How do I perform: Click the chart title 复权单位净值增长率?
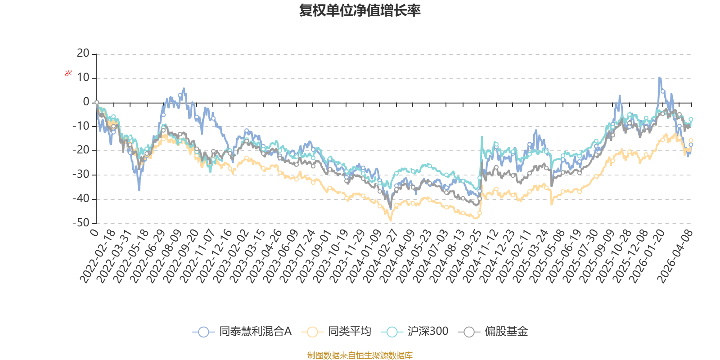tap(360, 11)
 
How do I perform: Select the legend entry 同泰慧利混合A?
tap(242, 331)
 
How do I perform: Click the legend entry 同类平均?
tap(336, 331)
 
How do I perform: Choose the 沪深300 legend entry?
tap(414, 331)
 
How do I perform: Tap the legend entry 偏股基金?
tap(493, 331)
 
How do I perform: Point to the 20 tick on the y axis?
tap(83, 54)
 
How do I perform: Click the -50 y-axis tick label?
tap(81, 223)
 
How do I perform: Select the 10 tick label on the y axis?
tap(83, 78)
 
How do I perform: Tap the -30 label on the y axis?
tap(81, 175)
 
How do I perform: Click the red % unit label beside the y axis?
tap(68, 73)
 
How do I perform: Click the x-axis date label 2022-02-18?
tap(97, 256)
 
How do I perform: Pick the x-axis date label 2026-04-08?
tap(675, 256)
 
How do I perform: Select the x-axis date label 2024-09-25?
tap(463, 256)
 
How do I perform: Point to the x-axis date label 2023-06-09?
tap(280, 256)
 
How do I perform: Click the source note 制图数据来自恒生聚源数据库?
tap(360, 355)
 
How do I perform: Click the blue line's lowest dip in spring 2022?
tap(139, 190)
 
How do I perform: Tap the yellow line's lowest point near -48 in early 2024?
tap(391, 220)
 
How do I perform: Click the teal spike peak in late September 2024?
tap(482, 137)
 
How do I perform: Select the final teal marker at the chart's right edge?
tap(690, 119)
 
